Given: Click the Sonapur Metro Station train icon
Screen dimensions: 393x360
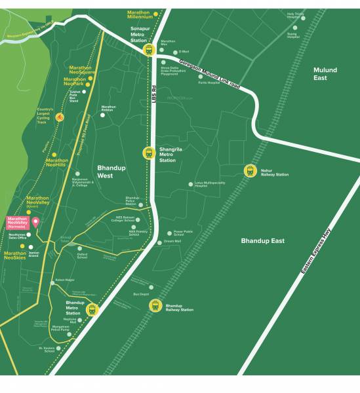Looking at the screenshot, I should point(149,49).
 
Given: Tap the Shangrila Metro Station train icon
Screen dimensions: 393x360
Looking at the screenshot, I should point(149,153).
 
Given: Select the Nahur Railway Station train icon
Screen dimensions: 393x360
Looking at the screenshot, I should point(250,171).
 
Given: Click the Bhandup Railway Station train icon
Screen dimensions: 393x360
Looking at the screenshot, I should point(155,306).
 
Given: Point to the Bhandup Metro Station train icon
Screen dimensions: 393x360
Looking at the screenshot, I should point(92,309).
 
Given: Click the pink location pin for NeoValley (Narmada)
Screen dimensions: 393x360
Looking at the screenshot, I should point(35,222).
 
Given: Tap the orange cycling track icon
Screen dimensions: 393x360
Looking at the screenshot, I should point(60,117).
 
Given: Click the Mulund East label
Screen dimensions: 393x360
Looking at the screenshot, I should point(325,73).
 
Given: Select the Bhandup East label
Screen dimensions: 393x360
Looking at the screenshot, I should point(262,241).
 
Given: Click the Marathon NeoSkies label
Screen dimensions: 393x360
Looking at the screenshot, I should point(15,256).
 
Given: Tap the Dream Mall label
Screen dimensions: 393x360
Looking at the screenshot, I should point(172,242).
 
